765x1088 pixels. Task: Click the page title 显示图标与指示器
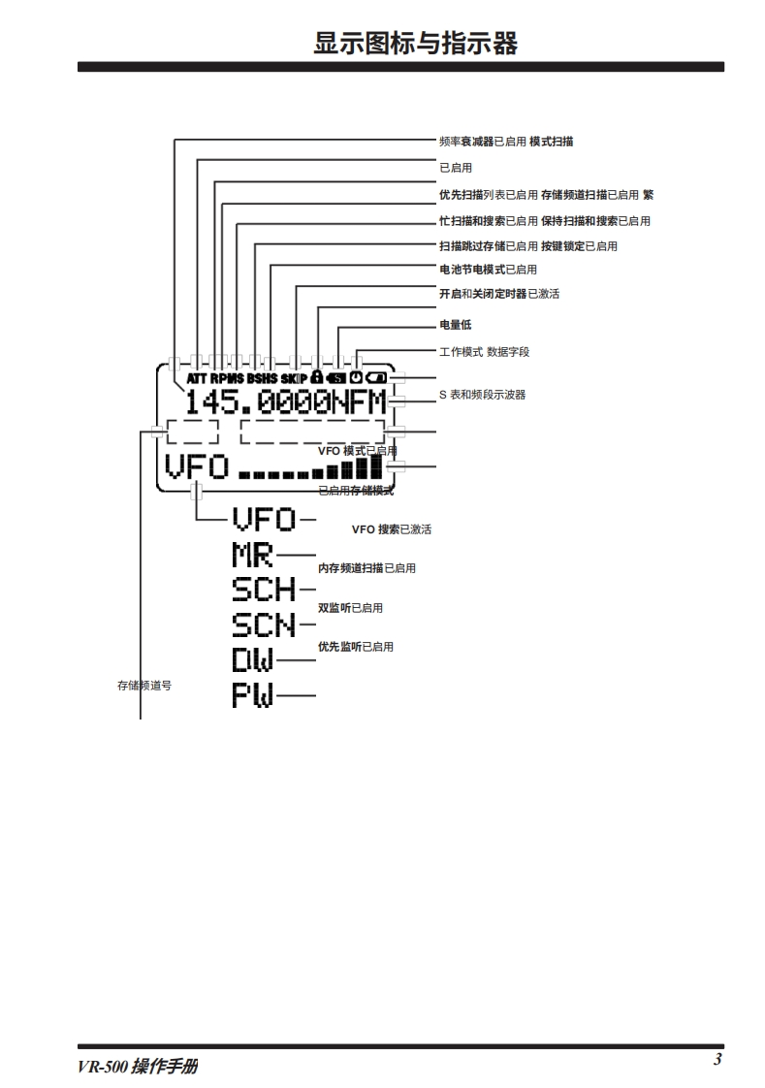[415, 44]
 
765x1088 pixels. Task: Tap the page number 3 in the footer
[717, 1059]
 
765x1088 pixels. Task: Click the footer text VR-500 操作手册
[139, 1066]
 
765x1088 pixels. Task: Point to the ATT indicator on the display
[197, 377]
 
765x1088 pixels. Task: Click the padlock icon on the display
[317, 376]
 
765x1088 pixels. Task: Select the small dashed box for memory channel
[192, 432]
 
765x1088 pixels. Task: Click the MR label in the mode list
[252, 557]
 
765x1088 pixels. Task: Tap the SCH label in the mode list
[264, 589]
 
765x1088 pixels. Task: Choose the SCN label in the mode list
[264, 624]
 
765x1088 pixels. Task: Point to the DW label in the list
[253, 660]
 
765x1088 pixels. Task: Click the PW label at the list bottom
[253, 694]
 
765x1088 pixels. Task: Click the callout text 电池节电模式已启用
[488, 270]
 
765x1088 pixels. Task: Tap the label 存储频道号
[144, 686]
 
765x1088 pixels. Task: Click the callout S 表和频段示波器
[482, 395]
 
